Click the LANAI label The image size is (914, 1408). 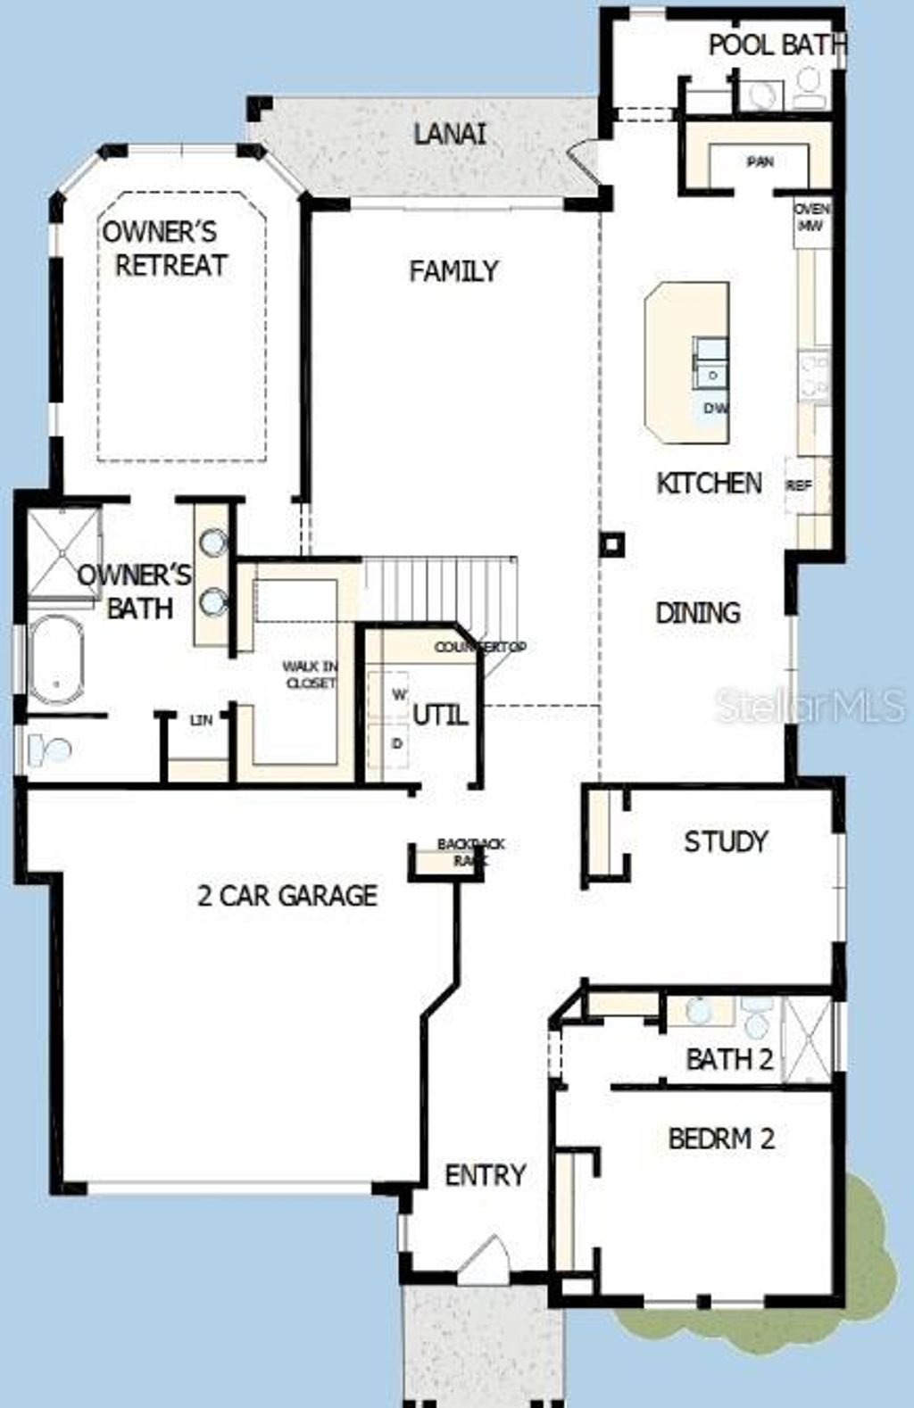pyautogui.click(x=450, y=135)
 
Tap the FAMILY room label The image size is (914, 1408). pyautogui.click(x=453, y=271)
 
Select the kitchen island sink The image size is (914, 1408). pyautogui.click(x=711, y=360)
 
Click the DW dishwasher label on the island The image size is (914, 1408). pyautogui.click(x=715, y=409)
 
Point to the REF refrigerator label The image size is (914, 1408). pyautogui.click(x=799, y=486)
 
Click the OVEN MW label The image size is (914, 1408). pyautogui.click(x=811, y=218)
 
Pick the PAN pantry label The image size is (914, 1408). pyautogui.click(x=760, y=162)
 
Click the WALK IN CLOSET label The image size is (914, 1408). pyautogui.click(x=310, y=675)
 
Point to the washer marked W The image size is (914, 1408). pyautogui.click(x=399, y=694)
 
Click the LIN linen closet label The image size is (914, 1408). pyautogui.click(x=202, y=719)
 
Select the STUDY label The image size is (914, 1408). pyautogui.click(x=725, y=841)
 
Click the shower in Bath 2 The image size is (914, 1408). pyautogui.click(x=806, y=1040)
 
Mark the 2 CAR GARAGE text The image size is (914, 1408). pyautogui.click(x=287, y=895)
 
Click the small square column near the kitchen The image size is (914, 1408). pyautogui.click(x=611, y=544)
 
